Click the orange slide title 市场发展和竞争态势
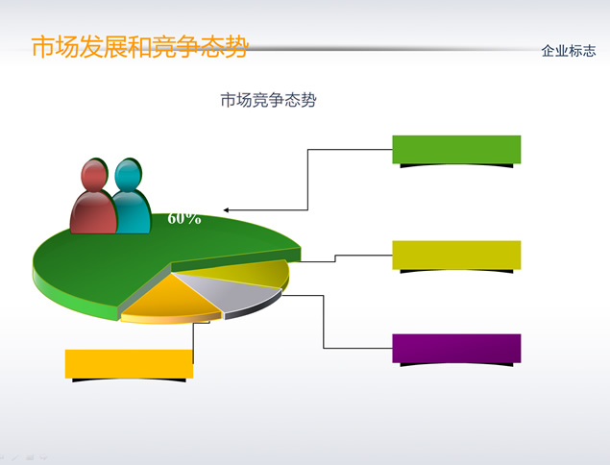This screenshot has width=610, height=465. click(139, 47)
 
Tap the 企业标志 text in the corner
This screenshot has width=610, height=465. click(569, 51)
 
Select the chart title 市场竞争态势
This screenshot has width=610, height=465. click(268, 100)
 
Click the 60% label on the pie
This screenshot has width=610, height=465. click(184, 219)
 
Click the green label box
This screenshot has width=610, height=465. click(456, 150)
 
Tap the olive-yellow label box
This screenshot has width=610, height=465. click(456, 255)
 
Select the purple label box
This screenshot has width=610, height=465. click(456, 348)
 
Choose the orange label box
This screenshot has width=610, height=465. click(129, 364)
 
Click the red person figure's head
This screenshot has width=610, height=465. click(94, 175)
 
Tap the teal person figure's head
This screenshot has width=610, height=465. click(128, 174)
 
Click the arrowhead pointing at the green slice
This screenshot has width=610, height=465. click(226, 210)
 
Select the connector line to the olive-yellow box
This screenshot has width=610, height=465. click(335, 258)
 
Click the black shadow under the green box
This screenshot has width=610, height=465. click(456, 166)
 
